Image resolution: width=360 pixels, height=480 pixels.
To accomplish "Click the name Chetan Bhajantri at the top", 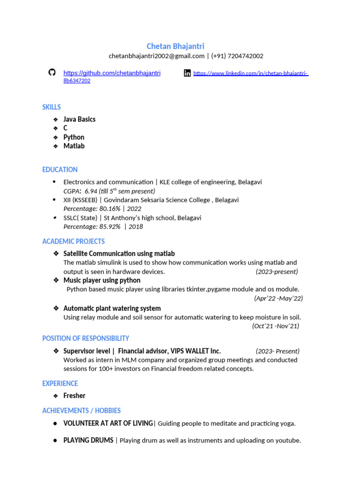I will point(175,46).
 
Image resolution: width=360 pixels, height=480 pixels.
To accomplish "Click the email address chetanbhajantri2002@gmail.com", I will point(157,56).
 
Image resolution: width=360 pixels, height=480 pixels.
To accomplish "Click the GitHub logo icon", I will point(52,72).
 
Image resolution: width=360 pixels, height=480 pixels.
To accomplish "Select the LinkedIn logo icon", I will point(187,73).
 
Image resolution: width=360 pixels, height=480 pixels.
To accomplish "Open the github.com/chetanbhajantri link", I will point(112,73).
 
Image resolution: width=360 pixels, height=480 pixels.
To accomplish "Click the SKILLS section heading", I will point(52,107).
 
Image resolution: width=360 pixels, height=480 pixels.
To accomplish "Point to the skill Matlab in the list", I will point(74,146).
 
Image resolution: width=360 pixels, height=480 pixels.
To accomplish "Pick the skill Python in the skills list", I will point(74,137).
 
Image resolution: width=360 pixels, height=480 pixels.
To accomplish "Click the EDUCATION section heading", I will point(60,170).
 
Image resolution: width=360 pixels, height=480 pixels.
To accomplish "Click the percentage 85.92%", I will point(110,226).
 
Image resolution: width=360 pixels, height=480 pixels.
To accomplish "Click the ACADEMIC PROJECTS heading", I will point(74,241).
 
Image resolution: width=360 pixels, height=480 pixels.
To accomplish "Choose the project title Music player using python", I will point(102,280).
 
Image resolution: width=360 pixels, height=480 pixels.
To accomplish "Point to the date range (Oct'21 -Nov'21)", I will point(276,326).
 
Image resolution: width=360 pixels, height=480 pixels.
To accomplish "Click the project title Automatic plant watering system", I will point(112,308).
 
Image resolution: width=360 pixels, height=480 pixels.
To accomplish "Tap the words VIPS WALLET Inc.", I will point(195,351).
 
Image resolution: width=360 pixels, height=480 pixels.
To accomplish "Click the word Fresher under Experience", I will point(75,396).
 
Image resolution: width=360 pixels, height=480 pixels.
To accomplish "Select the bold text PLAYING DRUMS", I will point(88,440).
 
